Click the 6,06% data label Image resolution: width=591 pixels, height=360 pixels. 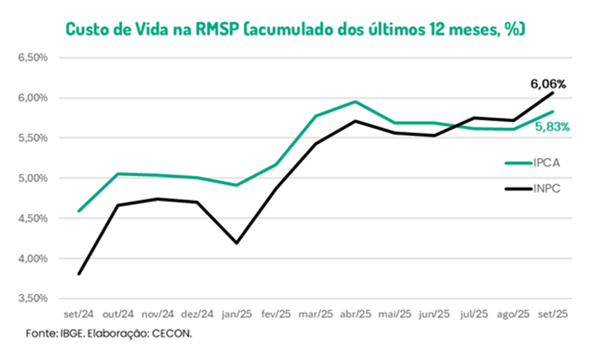(548, 84)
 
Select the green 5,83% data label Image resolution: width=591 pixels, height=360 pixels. (552, 126)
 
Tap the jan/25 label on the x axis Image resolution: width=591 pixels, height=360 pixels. (237, 313)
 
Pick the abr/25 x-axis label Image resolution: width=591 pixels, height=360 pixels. (356, 313)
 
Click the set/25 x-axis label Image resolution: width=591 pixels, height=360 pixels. (552, 313)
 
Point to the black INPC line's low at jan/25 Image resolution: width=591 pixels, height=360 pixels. (237, 243)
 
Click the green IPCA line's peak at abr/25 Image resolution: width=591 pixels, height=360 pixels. (356, 102)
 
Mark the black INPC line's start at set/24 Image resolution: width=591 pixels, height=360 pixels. (79, 273)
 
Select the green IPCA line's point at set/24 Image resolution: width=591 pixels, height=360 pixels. (79, 211)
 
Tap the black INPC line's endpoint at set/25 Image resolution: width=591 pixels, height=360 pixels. (552, 93)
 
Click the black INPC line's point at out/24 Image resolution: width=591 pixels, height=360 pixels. (119, 205)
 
